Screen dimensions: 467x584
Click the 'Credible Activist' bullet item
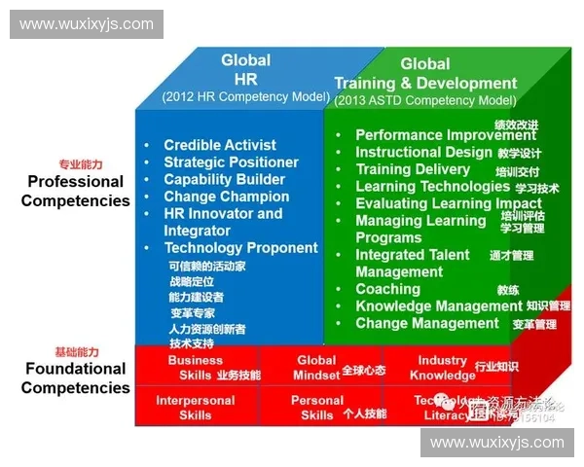(x=220, y=145)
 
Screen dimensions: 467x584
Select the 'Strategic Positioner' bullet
(x=231, y=162)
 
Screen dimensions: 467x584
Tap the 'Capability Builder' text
(x=224, y=179)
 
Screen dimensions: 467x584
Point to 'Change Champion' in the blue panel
(x=226, y=197)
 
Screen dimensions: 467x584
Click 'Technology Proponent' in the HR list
(x=240, y=248)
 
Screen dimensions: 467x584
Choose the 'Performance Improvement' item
(x=431, y=135)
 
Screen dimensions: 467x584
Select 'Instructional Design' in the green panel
(x=423, y=152)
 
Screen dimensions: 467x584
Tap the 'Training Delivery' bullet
(x=413, y=169)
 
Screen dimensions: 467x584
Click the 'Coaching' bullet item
(x=387, y=289)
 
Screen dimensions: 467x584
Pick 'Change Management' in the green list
(x=426, y=323)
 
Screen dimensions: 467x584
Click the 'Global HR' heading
(x=245, y=69)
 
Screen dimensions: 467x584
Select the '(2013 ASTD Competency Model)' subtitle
(x=424, y=100)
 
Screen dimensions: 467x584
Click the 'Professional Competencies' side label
(x=76, y=191)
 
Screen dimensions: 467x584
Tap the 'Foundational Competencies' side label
(x=76, y=377)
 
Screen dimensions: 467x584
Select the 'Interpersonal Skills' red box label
(x=195, y=408)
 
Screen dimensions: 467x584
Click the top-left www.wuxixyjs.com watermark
(x=86, y=23)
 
